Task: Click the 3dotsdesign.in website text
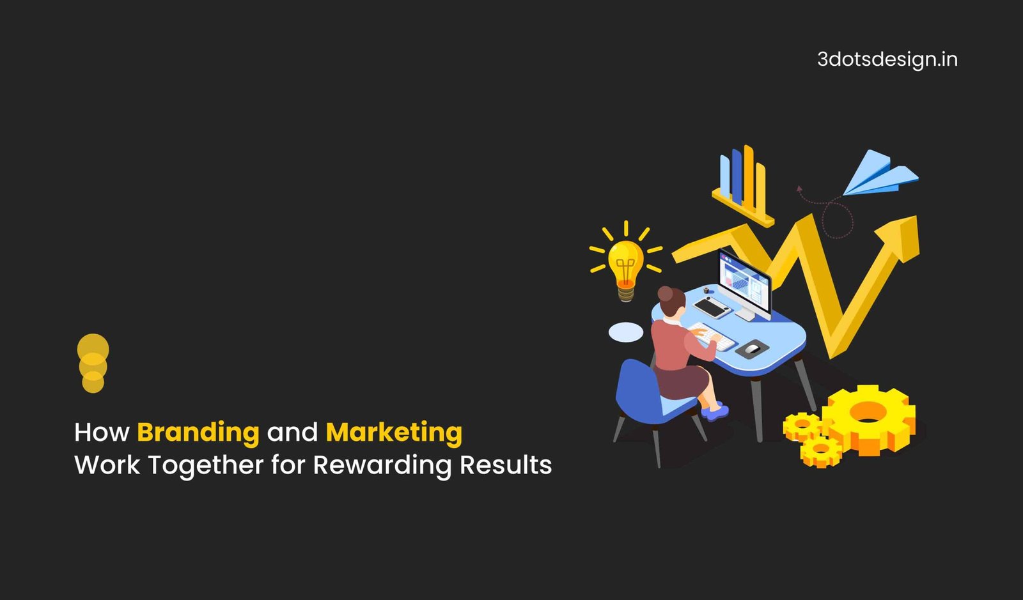click(x=887, y=60)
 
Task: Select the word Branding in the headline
click(x=198, y=433)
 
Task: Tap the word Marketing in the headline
click(x=394, y=433)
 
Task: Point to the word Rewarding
click(x=382, y=466)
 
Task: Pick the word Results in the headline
click(x=506, y=465)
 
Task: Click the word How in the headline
click(x=102, y=432)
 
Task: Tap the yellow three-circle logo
click(x=93, y=363)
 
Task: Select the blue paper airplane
click(x=880, y=174)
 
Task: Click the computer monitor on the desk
click(x=744, y=283)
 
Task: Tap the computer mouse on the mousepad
click(x=752, y=349)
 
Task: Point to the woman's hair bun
click(x=665, y=293)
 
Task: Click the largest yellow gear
click(x=869, y=420)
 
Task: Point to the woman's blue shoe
click(x=715, y=411)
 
